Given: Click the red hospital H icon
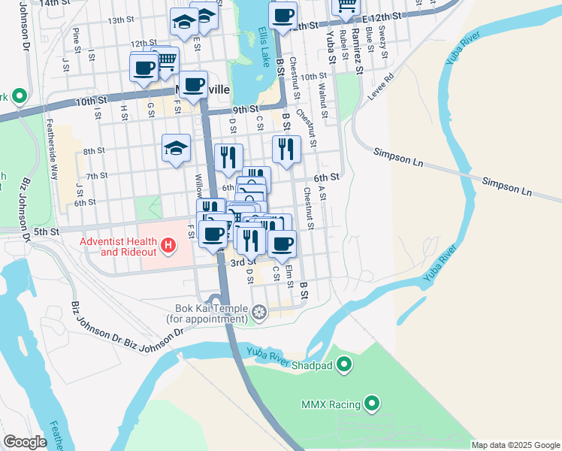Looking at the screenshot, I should tap(168, 245).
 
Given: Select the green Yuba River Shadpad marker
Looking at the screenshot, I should tap(345, 365).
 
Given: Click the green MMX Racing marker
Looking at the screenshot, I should tap(372, 404).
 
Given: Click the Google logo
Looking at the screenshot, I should tap(25, 442).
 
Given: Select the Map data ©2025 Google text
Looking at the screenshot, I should tap(515, 445).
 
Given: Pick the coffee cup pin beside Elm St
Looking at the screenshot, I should tap(283, 243).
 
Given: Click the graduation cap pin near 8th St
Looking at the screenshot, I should tap(176, 147).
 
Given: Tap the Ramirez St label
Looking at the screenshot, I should tap(358, 49).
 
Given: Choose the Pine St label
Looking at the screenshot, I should tap(76, 36).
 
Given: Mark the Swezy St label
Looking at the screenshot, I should tap(382, 37).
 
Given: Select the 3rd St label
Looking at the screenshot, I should tap(239, 262).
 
